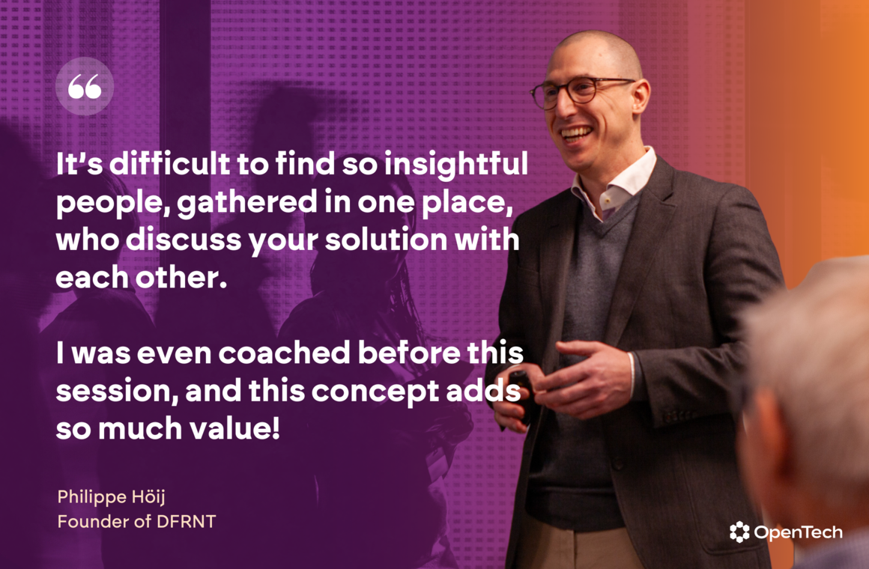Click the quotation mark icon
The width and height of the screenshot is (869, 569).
(x=84, y=86)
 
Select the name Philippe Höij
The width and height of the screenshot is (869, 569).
(x=112, y=497)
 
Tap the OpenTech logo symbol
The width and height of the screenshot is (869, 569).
(x=739, y=532)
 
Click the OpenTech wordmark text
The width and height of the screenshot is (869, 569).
(x=798, y=532)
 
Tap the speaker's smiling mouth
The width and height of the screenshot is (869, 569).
(x=576, y=134)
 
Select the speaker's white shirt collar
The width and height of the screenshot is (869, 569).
(x=615, y=185)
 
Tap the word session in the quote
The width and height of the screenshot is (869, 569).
(x=117, y=391)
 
